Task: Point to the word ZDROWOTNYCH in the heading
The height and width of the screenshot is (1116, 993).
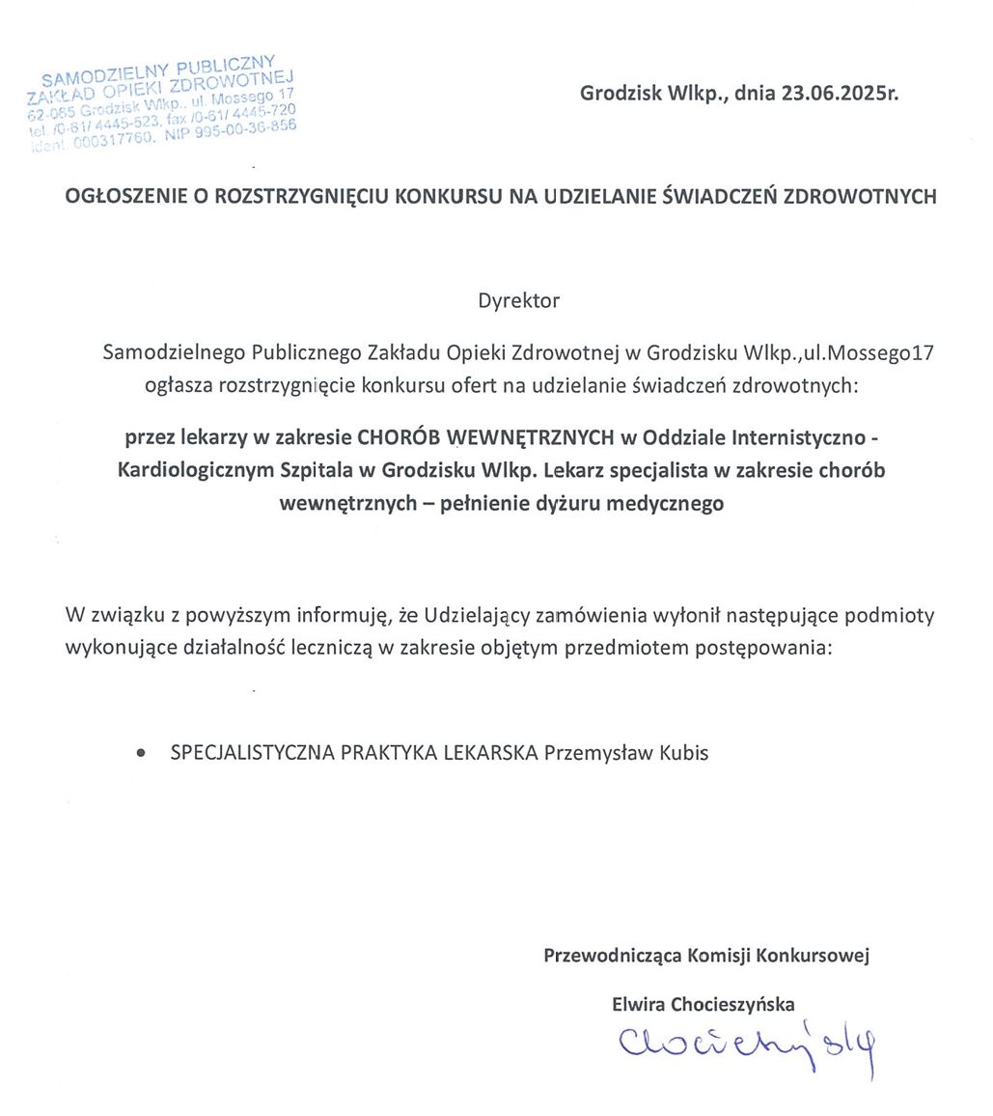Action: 860,197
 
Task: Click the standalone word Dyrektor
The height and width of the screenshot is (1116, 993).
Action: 518,300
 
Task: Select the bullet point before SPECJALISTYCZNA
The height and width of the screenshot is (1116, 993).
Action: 144,753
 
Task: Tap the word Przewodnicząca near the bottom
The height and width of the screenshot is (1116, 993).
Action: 613,956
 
